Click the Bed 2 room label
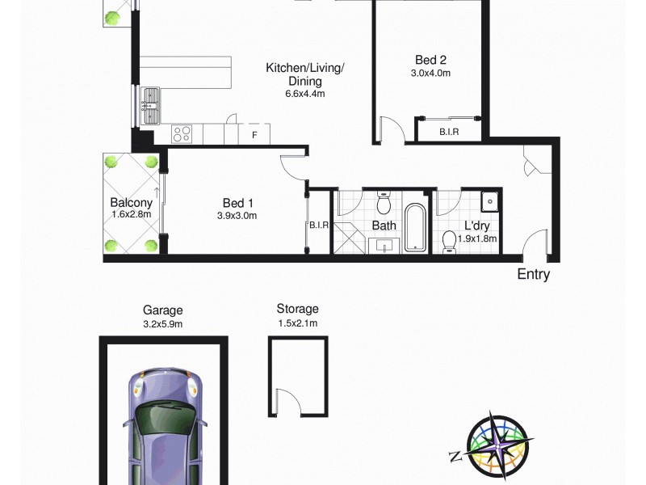[x=430, y=59]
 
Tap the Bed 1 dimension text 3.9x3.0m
[x=237, y=216]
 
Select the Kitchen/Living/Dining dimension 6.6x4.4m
[x=304, y=94]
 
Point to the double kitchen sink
[x=150, y=106]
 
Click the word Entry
[x=533, y=275]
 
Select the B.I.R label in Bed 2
[x=448, y=132]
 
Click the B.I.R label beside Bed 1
[x=319, y=226]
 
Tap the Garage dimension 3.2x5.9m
[x=163, y=323]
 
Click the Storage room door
[x=287, y=402]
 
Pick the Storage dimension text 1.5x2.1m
[x=297, y=323]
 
